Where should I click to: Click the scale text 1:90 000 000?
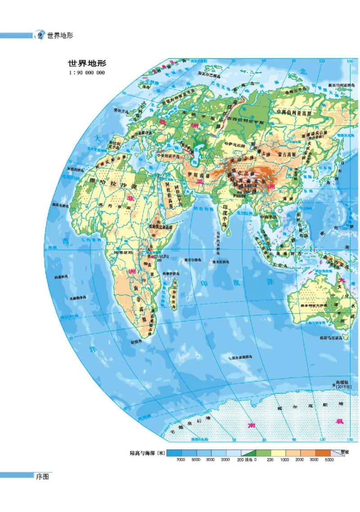click(87, 72)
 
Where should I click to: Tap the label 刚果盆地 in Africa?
click(125, 253)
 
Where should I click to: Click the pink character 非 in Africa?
click(131, 199)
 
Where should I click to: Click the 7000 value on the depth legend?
click(180, 460)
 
